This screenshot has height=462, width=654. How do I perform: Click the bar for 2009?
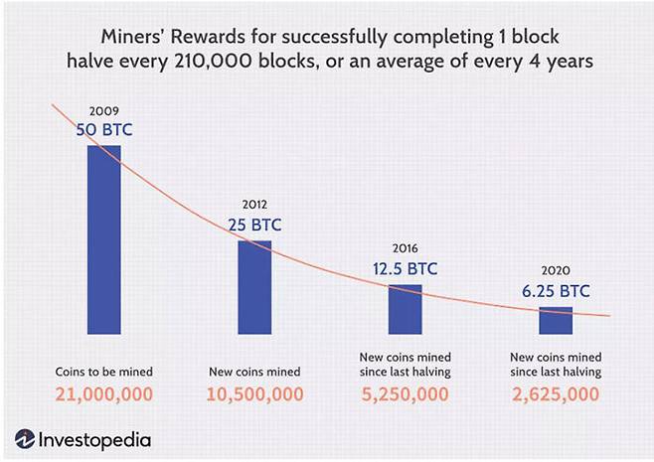(104, 239)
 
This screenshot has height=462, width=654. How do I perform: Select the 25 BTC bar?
(253, 287)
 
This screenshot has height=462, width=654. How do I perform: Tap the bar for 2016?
(405, 309)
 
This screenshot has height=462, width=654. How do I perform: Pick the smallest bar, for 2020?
(556, 321)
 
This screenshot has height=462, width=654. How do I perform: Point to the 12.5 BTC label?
(405, 268)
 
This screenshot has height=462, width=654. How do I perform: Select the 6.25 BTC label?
(556, 291)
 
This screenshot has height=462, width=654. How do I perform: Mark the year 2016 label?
(405, 248)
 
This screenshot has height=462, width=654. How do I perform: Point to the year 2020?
(556, 270)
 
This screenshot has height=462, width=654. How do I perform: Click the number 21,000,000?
(104, 393)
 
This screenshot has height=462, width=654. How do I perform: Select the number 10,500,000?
(254, 393)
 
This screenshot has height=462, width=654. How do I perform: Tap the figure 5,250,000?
(405, 393)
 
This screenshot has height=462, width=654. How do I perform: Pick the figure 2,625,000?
(556, 393)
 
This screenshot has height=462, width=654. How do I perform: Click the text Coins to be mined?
(104, 371)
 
